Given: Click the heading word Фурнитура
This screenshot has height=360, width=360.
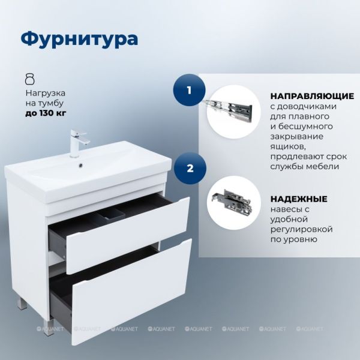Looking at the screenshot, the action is click(x=79, y=39).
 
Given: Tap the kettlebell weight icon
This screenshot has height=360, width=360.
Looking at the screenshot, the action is click(x=29, y=79).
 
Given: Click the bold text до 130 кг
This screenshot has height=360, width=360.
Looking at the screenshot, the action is click(x=46, y=113).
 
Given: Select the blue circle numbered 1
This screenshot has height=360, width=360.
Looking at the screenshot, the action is click(x=189, y=90).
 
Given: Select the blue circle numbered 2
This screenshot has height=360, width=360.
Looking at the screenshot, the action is click(x=190, y=168).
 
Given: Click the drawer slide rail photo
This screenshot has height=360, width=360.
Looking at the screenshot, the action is click(x=229, y=110).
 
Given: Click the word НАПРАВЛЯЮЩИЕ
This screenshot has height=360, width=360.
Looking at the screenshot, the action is click(x=312, y=96).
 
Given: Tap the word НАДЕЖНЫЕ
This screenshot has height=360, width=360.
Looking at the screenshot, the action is click(x=299, y=199).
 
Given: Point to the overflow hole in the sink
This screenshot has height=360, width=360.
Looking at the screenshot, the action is click(x=80, y=164).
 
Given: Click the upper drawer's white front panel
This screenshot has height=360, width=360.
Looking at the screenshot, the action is click(x=128, y=235).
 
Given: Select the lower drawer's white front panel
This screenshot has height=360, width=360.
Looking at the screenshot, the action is click(x=131, y=291).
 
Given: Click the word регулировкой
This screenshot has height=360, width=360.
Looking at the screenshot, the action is click(x=301, y=229).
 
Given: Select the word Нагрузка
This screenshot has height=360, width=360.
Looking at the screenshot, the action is click(x=45, y=93).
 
